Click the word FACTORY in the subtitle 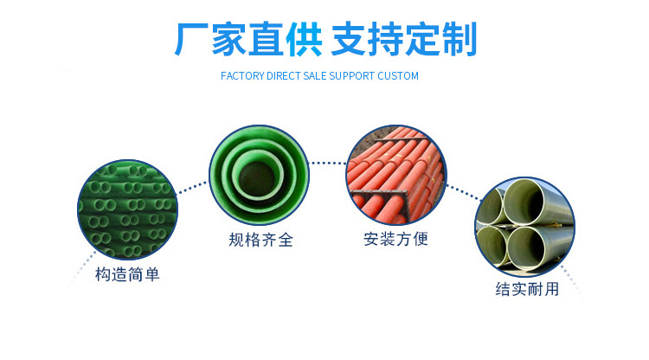pyautogui.click(x=244, y=76)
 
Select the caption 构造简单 pyautogui.click(x=127, y=275)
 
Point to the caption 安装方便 pyautogui.click(x=395, y=239)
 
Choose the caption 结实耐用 pyautogui.click(x=527, y=290)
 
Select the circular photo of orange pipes pyautogui.click(x=395, y=172)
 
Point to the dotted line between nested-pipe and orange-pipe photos pyautogui.click(x=328, y=162)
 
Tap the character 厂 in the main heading pyautogui.click(x=192, y=40)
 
